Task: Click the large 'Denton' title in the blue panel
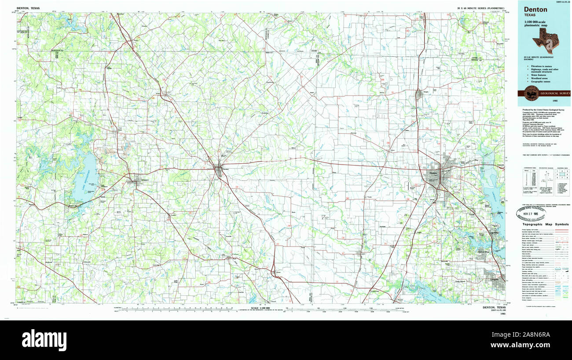click(535, 10)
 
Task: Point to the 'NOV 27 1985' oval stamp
click(539, 214)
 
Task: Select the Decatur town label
click(226, 169)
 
